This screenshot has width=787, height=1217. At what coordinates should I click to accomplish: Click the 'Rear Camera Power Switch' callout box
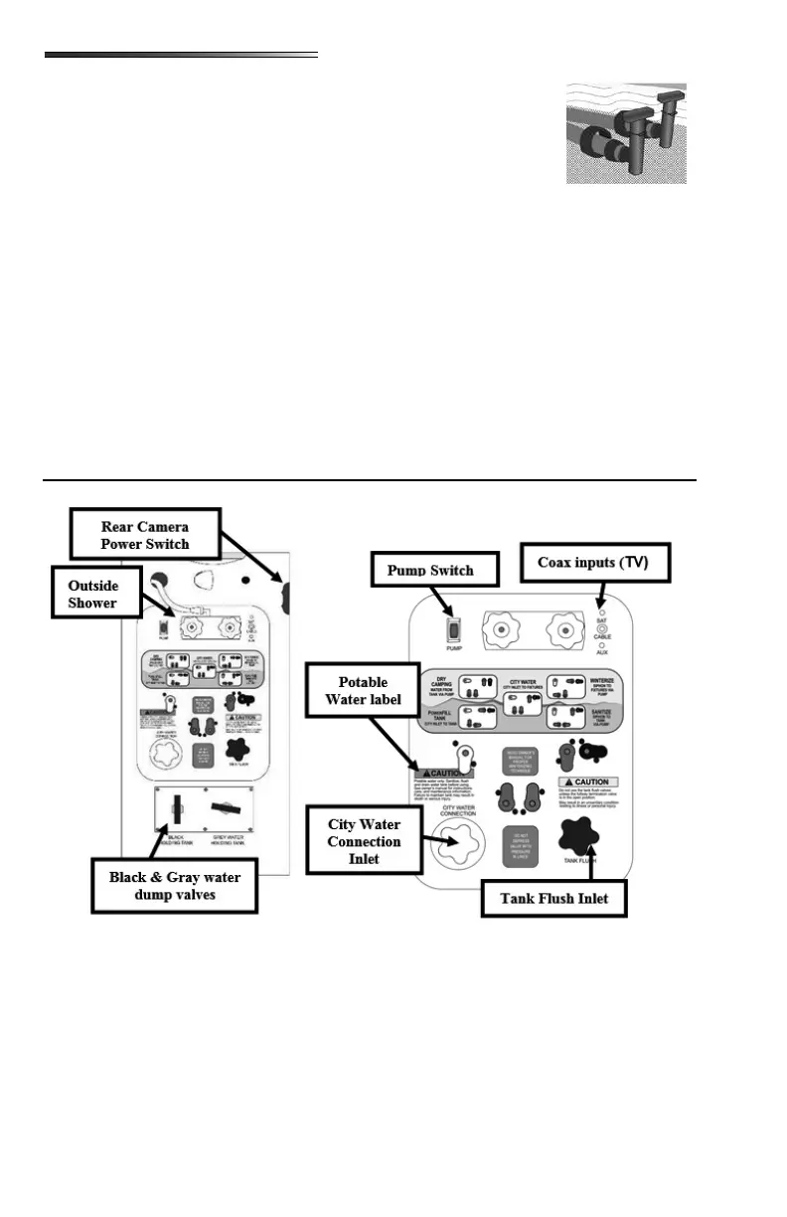[145, 535]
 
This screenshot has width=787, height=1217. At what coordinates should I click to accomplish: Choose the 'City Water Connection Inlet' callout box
[365, 842]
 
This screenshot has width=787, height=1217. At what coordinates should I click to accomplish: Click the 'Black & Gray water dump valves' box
[175, 885]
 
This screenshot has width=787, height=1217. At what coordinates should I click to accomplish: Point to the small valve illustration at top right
[626, 133]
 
